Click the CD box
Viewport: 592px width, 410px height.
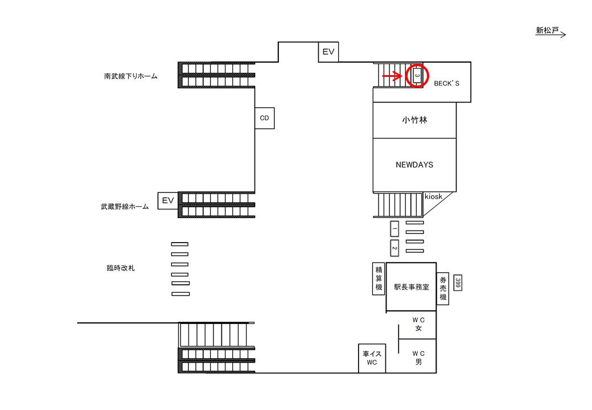click(264, 118)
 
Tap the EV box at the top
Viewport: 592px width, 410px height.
click(328, 52)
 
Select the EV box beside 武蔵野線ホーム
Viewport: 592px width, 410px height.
click(168, 200)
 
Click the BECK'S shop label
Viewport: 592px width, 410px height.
click(446, 83)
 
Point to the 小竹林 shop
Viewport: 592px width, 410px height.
click(414, 120)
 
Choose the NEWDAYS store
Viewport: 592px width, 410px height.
click(414, 165)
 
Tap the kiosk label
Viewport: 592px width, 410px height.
click(433, 196)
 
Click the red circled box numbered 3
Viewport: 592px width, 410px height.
click(417, 75)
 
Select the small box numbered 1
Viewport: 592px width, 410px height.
click(394, 229)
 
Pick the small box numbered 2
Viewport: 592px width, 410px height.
click(394, 248)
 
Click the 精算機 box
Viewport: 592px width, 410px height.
click(378, 278)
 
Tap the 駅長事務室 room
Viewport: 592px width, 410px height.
click(411, 287)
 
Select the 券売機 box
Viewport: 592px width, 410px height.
click(443, 289)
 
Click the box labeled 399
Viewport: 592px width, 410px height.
click(457, 282)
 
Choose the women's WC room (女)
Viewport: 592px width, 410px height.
click(418, 324)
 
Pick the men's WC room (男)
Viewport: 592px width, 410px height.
click(418, 356)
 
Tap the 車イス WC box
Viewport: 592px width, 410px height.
click(372, 358)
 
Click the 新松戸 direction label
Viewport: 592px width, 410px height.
click(547, 31)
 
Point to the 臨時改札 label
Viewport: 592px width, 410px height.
click(121, 268)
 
